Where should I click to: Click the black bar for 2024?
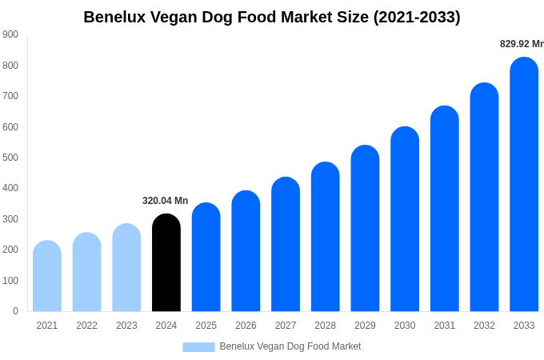tap(166, 263)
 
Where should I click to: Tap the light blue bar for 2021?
tap(47, 277)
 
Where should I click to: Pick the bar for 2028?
tap(326, 238)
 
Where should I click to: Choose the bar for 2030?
tap(405, 220)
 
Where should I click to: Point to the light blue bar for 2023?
tap(126, 268)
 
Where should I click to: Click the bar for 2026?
tap(246, 252)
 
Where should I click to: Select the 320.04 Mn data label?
tap(166, 201)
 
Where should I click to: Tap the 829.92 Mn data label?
tap(521, 44)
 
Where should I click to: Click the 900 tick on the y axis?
tap(10, 34)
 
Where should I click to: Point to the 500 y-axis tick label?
tap(10, 158)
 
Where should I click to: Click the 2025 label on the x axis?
tap(206, 326)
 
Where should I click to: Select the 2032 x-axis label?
tap(484, 326)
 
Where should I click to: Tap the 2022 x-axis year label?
tap(86, 326)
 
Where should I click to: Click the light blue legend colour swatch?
tap(198, 346)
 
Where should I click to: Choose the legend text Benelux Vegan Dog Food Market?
tap(290, 346)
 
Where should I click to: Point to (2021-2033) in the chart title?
tap(417, 17)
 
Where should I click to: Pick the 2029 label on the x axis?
tap(365, 326)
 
